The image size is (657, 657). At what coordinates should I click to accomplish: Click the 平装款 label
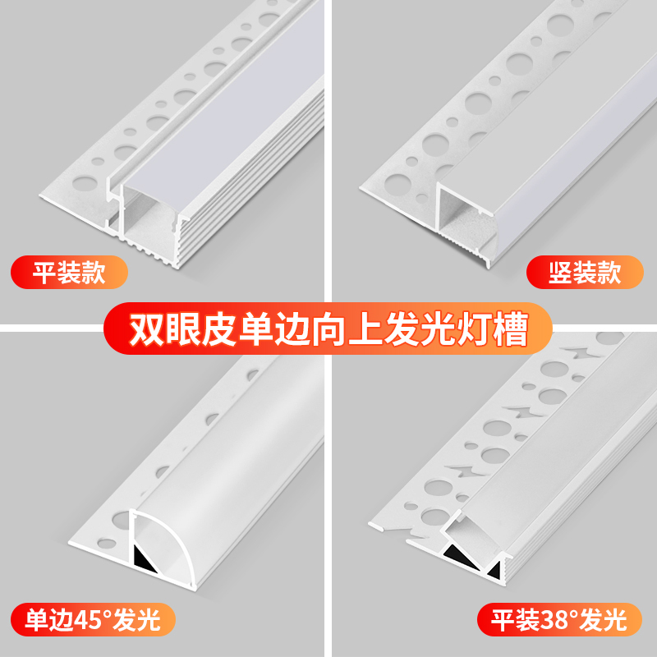click(69, 273)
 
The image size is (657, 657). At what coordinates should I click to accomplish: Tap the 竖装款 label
click(585, 273)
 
